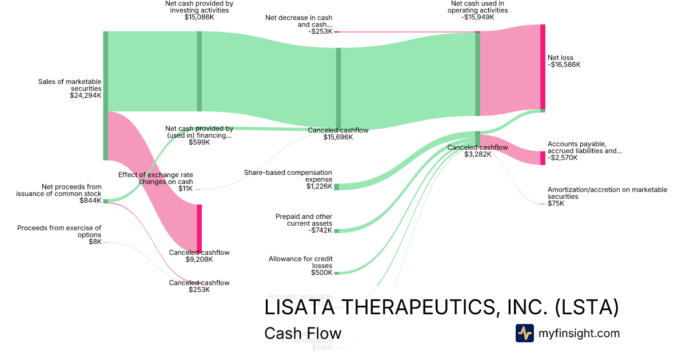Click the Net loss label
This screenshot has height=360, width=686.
[560, 58]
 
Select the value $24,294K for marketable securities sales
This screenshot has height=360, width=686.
[85, 95]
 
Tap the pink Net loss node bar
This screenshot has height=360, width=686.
[543, 67]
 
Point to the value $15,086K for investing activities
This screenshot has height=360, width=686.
[199, 17]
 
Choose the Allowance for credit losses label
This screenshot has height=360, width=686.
[300, 262]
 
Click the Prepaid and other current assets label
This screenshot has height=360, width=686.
[304, 220]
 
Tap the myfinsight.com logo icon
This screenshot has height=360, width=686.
[524, 333]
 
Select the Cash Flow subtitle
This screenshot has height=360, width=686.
[302, 333]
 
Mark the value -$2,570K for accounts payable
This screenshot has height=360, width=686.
[563, 158]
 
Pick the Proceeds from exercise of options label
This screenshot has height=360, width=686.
[59, 231]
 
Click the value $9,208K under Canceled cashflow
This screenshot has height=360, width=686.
[199, 259]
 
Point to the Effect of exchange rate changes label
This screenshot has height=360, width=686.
[155, 178]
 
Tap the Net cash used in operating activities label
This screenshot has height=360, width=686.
[478, 6]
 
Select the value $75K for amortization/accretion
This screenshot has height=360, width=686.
[556, 203]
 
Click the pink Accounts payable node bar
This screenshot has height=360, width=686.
[543, 158]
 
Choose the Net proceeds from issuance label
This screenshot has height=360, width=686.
[71, 190]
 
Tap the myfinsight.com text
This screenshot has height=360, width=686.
[579, 333]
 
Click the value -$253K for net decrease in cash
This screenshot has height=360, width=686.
[320, 31]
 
